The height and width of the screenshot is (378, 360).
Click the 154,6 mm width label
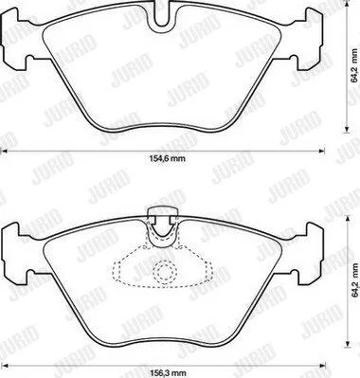(x=167, y=158)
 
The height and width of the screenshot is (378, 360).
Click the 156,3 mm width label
(x=167, y=372)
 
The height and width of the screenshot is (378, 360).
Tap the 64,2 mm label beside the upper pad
(x=355, y=65)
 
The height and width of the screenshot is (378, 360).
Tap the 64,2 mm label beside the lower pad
(x=355, y=279)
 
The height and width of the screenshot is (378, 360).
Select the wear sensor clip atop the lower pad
(x=163, y=225)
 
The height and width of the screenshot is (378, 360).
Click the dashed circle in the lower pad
(x=164, y=271)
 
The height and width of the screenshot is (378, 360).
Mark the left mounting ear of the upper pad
(x=14, y=38)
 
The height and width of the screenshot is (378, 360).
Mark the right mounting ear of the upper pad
(x=311, y=38)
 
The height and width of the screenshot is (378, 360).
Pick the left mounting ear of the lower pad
(x=14, y=253)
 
